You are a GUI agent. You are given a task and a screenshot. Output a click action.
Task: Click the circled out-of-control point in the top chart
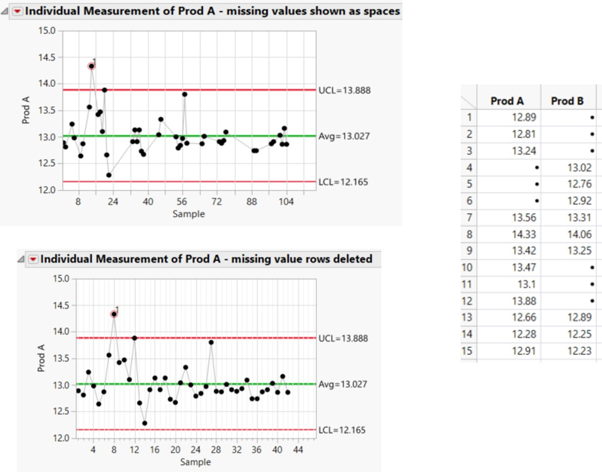(91, 66)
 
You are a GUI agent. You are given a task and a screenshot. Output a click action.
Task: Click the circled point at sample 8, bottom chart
(114, 314)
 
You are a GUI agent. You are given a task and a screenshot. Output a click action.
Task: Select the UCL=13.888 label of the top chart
(344, 90)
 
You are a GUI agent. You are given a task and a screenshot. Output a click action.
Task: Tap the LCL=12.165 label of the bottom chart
(344, 430)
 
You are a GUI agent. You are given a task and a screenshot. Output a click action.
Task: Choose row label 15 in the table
(468, 351)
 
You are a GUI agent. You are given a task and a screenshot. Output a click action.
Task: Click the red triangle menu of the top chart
(18, 11)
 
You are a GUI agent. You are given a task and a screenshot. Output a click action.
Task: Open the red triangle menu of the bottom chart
(33, 259)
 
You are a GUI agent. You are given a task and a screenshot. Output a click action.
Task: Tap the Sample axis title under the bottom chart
(195, 462)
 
